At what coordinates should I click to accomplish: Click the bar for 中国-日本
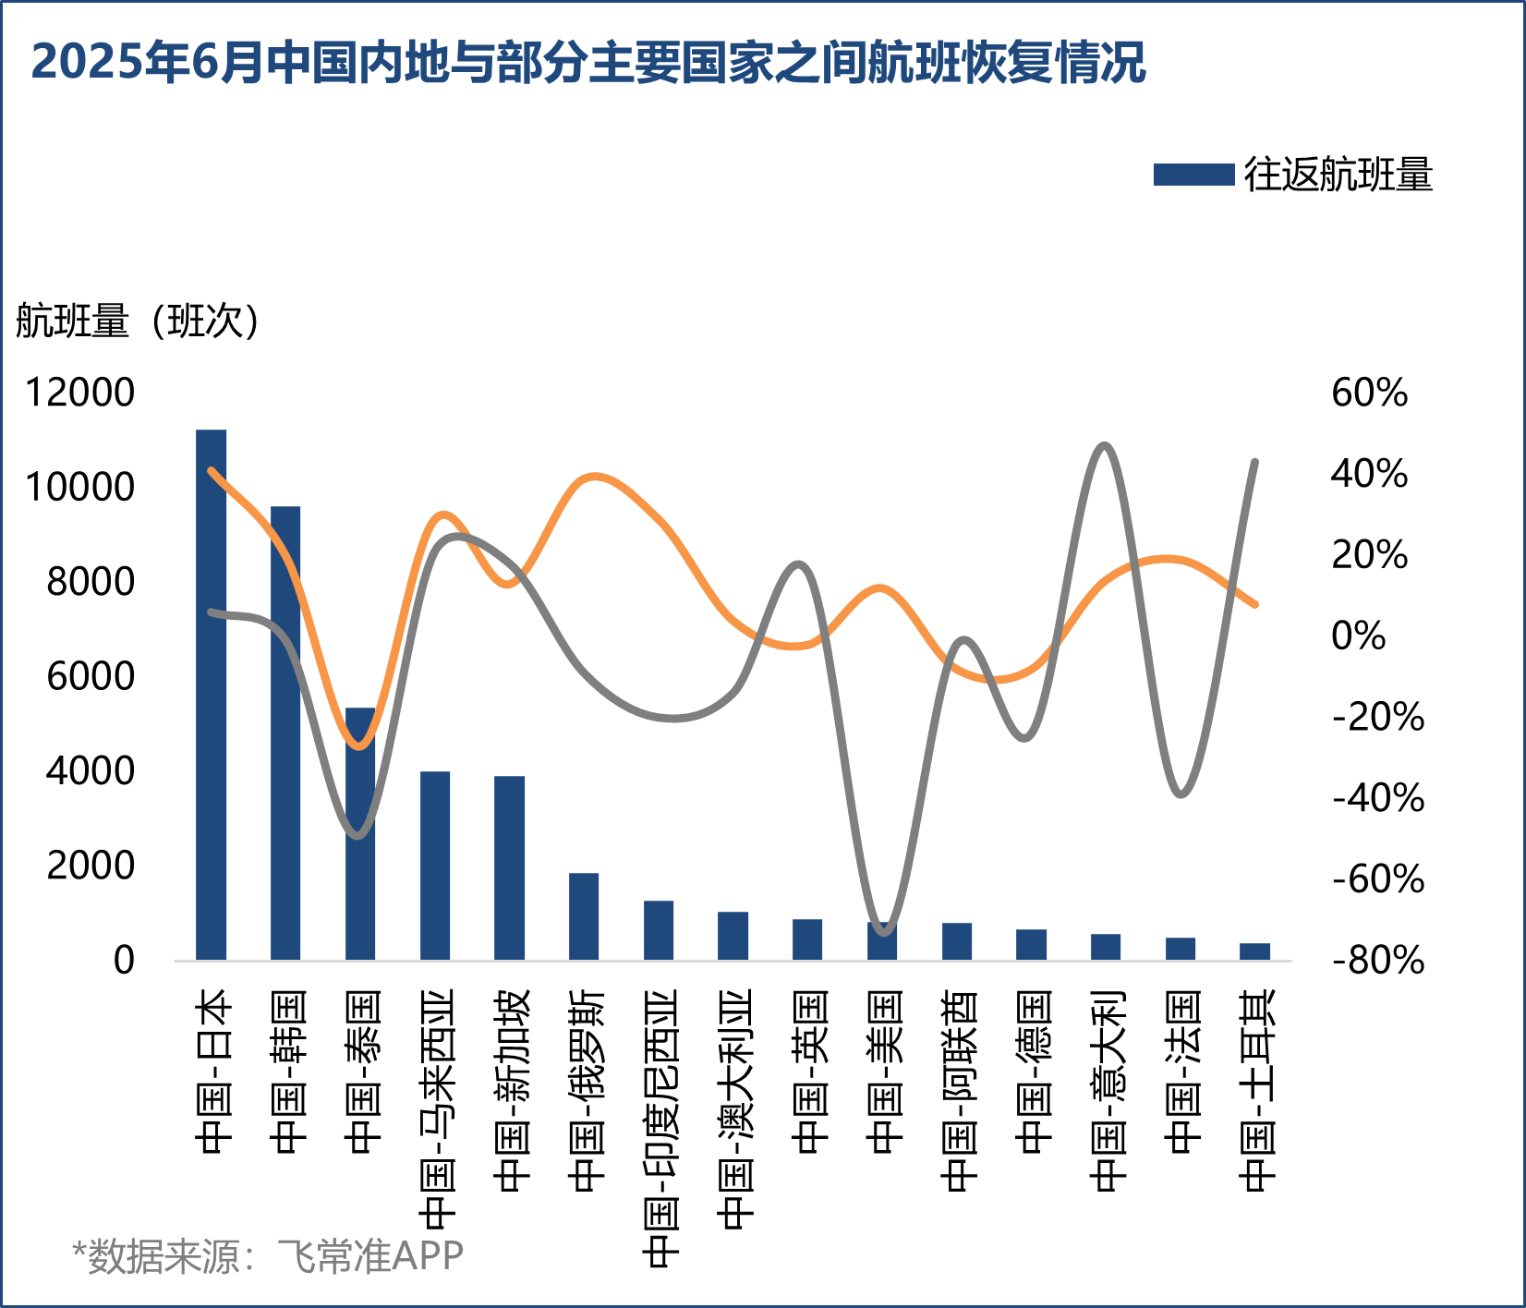pos(211,695)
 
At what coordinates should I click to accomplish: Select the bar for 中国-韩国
pos(285,733)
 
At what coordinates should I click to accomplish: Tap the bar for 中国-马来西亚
pos(435,866)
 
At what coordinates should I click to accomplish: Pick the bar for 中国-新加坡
pos(509,867)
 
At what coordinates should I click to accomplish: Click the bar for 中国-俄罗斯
pos(584,916)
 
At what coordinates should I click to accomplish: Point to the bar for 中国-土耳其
pos(1254,951)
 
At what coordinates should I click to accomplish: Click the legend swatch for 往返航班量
pos(1193,175)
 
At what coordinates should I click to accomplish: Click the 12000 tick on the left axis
pos(79,393)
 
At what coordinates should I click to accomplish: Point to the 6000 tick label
pos(91,676)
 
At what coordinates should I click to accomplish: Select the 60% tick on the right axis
pos(1369,393)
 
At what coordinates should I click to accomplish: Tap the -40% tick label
pos(1377,798)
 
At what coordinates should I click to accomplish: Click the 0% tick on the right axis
pos(1358,636)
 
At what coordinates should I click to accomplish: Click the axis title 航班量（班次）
pos(139,321)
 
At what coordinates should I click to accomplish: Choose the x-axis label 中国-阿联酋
pos(959,1090)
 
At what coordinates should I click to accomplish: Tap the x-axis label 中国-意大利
pos(1108,1090)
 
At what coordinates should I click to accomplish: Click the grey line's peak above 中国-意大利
pos(1105,446)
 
